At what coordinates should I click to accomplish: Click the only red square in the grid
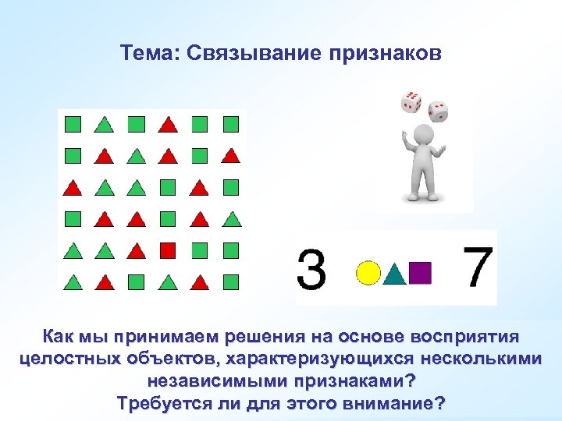(168, 250)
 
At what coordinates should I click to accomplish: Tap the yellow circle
(368, 272)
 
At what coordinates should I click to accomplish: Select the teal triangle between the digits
(395, 273)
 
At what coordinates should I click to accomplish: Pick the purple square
(421, 272)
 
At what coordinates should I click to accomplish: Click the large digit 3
(312, 268)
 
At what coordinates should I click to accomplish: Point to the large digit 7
(478, 267)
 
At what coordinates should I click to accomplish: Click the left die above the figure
(411, 102)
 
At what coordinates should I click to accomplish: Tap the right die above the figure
(438, 112)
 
